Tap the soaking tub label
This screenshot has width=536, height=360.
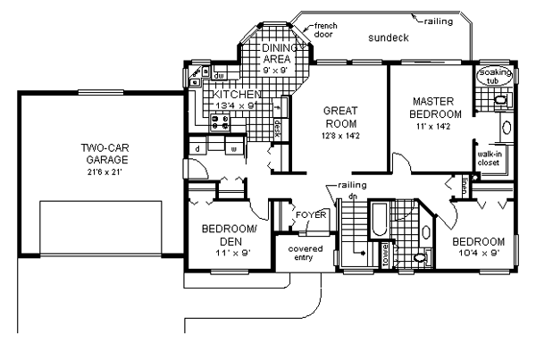tap(492, 76)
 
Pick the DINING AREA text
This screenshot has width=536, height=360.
tap(270, 53)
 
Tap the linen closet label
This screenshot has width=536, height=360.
tap(465, 185)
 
